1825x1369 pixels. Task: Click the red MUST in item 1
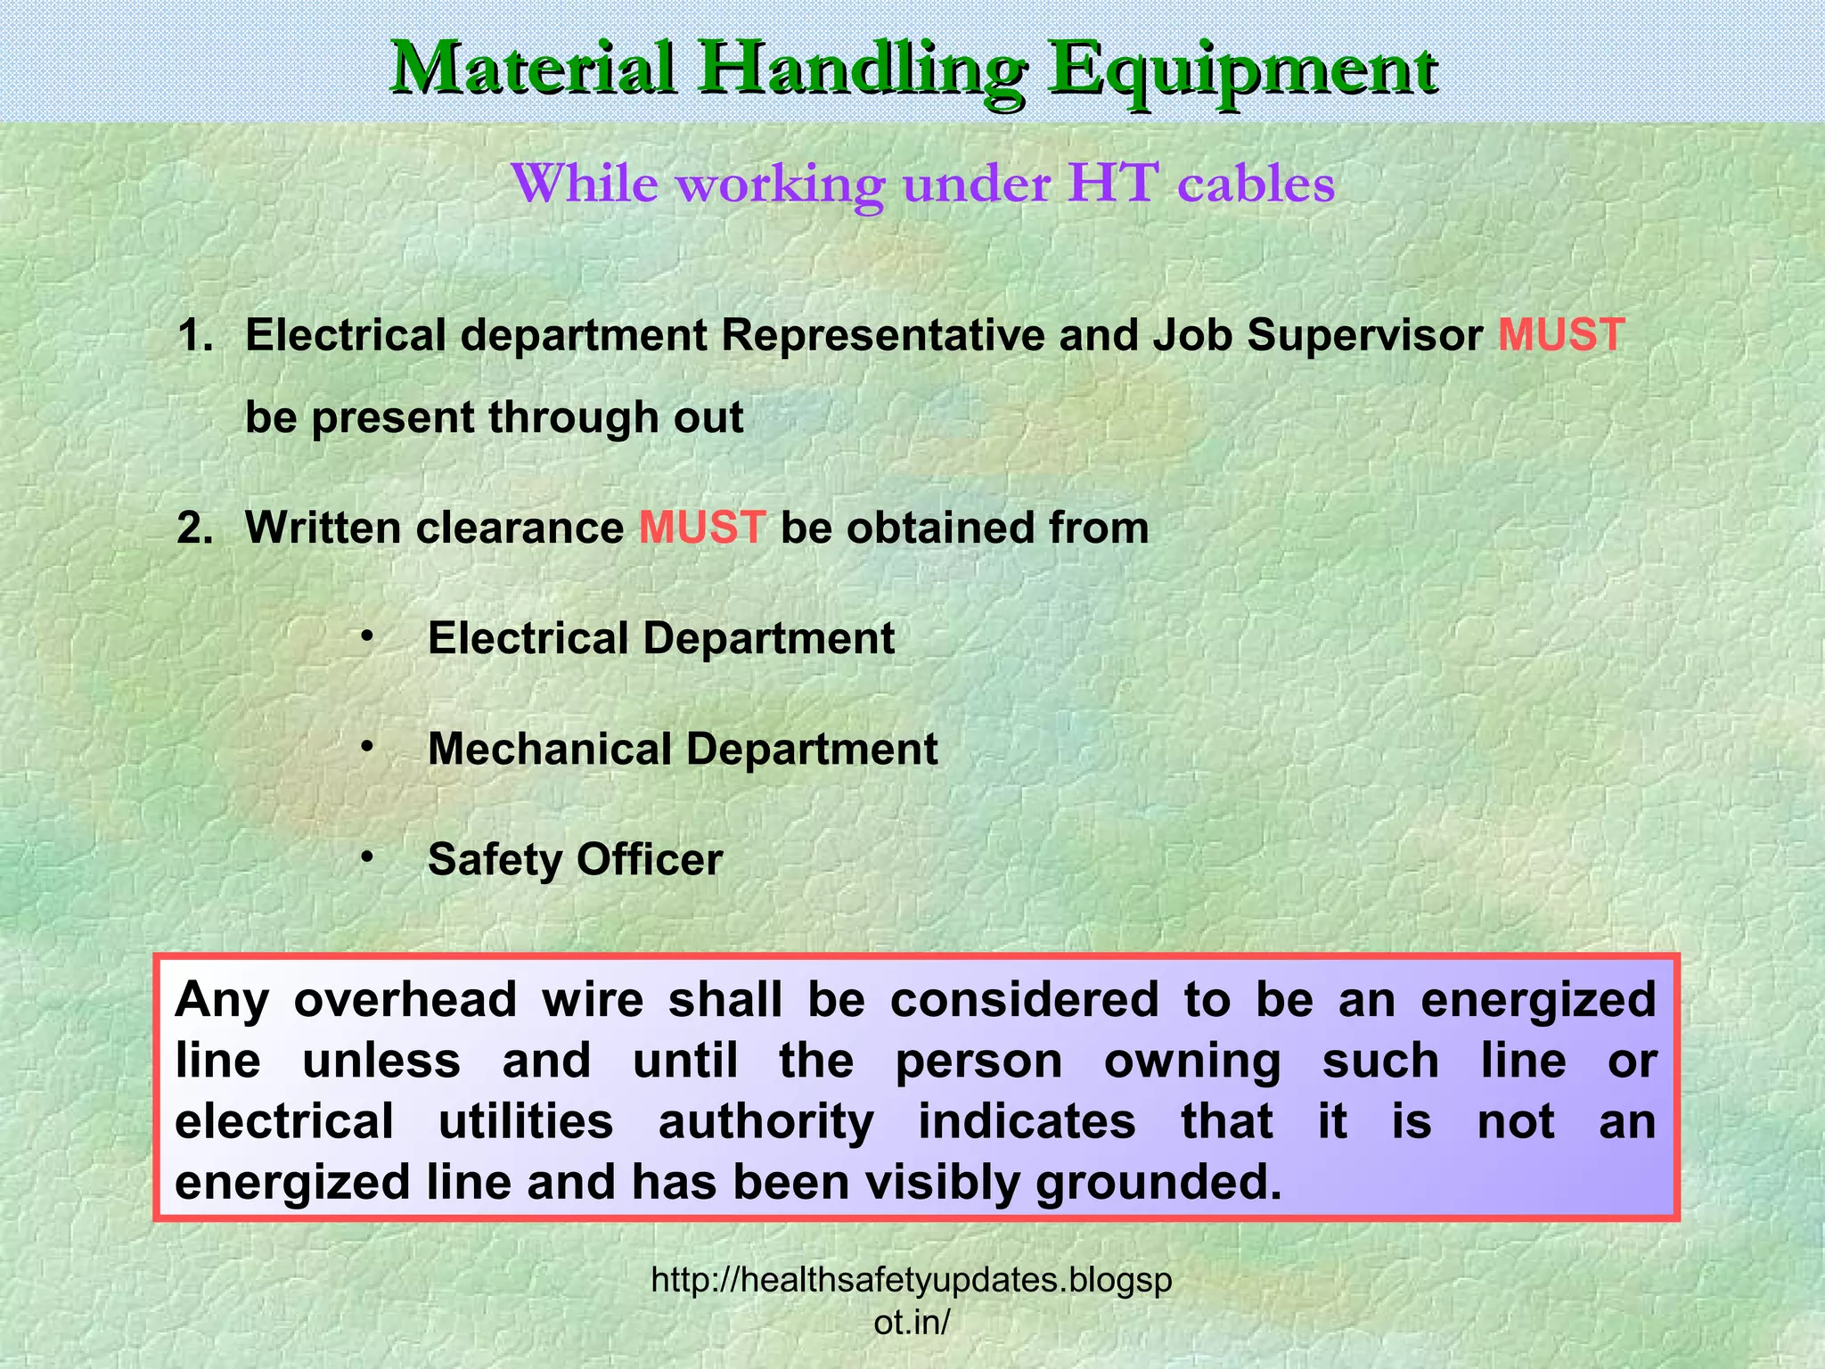1561,336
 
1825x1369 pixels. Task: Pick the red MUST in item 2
702,528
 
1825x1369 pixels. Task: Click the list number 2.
194,529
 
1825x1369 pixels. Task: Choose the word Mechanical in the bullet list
549,749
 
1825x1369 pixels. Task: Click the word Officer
649,860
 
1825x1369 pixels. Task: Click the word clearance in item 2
520,529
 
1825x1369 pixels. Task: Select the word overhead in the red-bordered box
405,1000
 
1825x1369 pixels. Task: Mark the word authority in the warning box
766,1122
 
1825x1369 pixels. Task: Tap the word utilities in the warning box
526,1121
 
